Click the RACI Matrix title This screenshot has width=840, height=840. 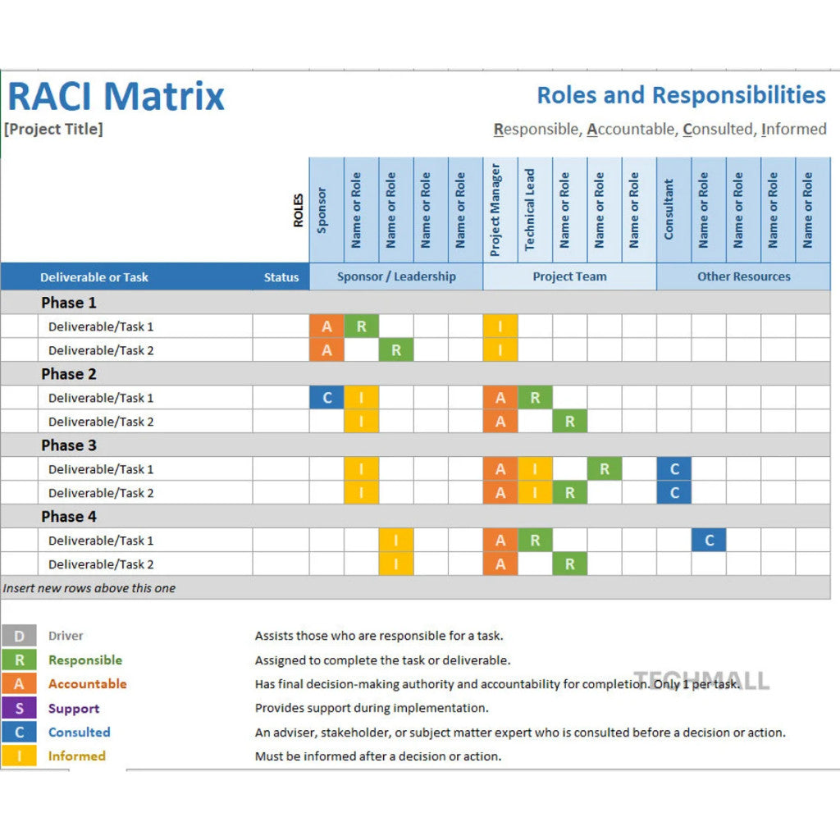pos(116,96)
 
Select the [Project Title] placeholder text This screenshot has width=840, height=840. pos(54,129)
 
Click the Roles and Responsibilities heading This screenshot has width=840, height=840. pos(681,95)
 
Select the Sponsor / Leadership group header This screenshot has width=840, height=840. pos(396,276)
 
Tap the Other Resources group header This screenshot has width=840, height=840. pos(743,276)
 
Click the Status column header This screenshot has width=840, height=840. pos(281,277)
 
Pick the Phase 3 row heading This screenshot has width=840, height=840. pos(69,445)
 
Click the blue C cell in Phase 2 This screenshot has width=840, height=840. pos(326,398)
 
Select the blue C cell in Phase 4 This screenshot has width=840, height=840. pos(709,541)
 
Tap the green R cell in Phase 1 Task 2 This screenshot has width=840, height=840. pos(396,350)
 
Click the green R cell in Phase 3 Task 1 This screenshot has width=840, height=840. pos(605,469)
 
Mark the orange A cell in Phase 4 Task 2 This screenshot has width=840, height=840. pos(500,564)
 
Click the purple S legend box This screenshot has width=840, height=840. pos(19,708)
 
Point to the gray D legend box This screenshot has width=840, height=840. pos(19,636)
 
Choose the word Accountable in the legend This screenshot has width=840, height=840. pos(87,684)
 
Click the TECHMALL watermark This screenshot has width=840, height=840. pos(702,680)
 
